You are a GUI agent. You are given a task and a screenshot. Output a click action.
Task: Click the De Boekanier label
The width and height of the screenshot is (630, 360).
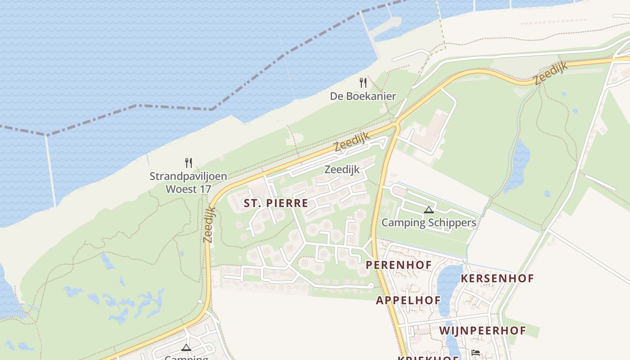(x=363, y=96)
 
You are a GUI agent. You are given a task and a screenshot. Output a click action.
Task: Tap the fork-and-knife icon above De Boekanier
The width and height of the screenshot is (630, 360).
(x=363, y=83)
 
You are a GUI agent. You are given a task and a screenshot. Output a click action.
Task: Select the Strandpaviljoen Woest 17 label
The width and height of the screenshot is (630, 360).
(x=188, y=182)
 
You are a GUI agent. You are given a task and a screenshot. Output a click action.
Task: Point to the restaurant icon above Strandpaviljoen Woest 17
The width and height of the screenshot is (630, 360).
(x=189, y=162)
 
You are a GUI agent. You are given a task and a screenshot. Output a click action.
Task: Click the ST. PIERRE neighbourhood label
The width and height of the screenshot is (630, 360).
(x=276, y=203)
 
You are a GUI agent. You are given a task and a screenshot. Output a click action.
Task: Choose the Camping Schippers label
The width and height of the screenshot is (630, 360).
(x=428, y=222)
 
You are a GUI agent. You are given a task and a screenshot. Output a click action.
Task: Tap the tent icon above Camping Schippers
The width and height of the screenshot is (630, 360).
(x=428, y=210)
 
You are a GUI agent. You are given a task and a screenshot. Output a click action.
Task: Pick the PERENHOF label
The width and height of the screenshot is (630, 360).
(x=399, y=265)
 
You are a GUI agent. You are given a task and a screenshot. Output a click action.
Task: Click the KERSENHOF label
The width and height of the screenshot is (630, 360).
(x=497, y=278)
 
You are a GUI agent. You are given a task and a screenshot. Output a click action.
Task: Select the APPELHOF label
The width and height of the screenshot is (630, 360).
(x=408, y=300)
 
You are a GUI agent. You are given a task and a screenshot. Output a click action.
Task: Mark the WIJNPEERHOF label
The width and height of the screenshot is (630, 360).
(x=482, y=330)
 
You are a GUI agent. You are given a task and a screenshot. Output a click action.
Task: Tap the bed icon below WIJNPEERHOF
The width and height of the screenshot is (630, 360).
(x=476, y=352)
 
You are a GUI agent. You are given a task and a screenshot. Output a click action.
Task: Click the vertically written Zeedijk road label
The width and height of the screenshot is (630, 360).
(x=209, y=225)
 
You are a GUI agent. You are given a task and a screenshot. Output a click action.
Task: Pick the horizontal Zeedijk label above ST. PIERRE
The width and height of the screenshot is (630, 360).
(x=342, y=169)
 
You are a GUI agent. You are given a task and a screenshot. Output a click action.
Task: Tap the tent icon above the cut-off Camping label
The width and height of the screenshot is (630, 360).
(x=186, y=347)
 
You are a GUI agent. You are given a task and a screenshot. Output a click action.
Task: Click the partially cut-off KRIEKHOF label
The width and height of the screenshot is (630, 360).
(x=427, y=358)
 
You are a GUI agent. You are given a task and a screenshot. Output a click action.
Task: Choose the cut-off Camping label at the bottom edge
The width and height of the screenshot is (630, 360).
(x=186, y=358)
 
